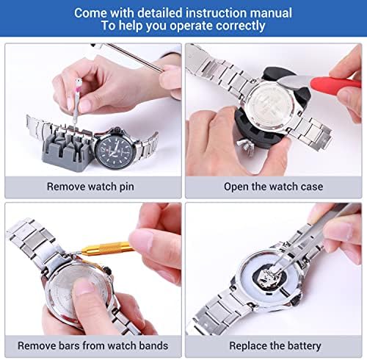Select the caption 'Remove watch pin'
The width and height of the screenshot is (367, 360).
pos(90,187)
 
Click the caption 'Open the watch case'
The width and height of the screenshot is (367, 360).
pos(273,187)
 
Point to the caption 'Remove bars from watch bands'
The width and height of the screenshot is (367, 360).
pos(93,346)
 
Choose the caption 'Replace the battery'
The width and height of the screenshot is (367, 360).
pos(275,346)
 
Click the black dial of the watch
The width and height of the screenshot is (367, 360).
pos(115,149)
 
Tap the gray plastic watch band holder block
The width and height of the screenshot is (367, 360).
pos(67,149)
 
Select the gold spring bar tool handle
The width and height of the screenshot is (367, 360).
pos(108,248)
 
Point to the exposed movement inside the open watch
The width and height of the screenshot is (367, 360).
pos(268,277)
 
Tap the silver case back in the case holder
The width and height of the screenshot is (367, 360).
pos(269,106)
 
